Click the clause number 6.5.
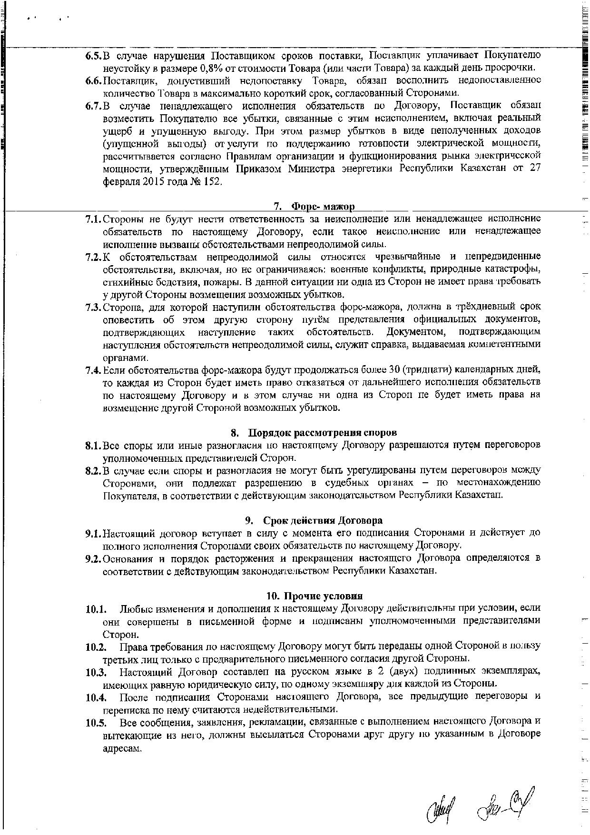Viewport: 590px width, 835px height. coord(94,56)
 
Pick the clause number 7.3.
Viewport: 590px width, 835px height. coord(94,307)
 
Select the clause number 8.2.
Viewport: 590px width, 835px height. coord(94,471)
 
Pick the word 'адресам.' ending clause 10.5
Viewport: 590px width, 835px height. coord(122,748)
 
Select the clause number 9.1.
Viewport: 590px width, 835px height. coord(94,533)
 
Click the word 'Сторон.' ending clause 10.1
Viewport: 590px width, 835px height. coord(121,635)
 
